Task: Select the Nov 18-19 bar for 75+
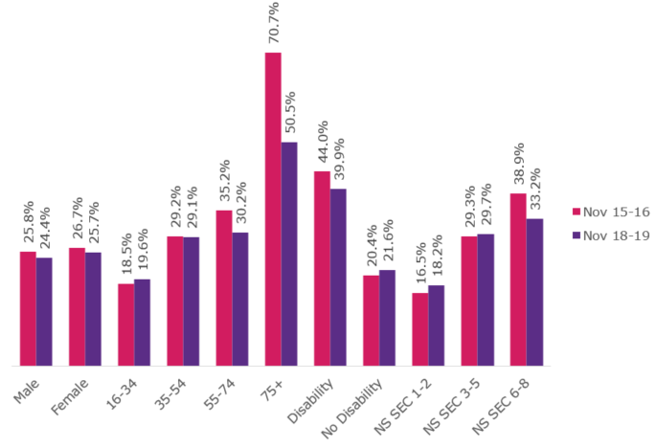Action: tap(289, 254)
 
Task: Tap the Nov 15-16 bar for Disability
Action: tap(322, 268)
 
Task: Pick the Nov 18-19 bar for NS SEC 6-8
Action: tap(534, 292)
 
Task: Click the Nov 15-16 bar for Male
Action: tap(28, 308)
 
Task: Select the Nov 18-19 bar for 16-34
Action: tap(142, 322)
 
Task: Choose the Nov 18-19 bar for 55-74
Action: tap(240, 299)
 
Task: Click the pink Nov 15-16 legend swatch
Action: tap(577, 212)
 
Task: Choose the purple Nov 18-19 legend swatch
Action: tap(577, 235)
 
